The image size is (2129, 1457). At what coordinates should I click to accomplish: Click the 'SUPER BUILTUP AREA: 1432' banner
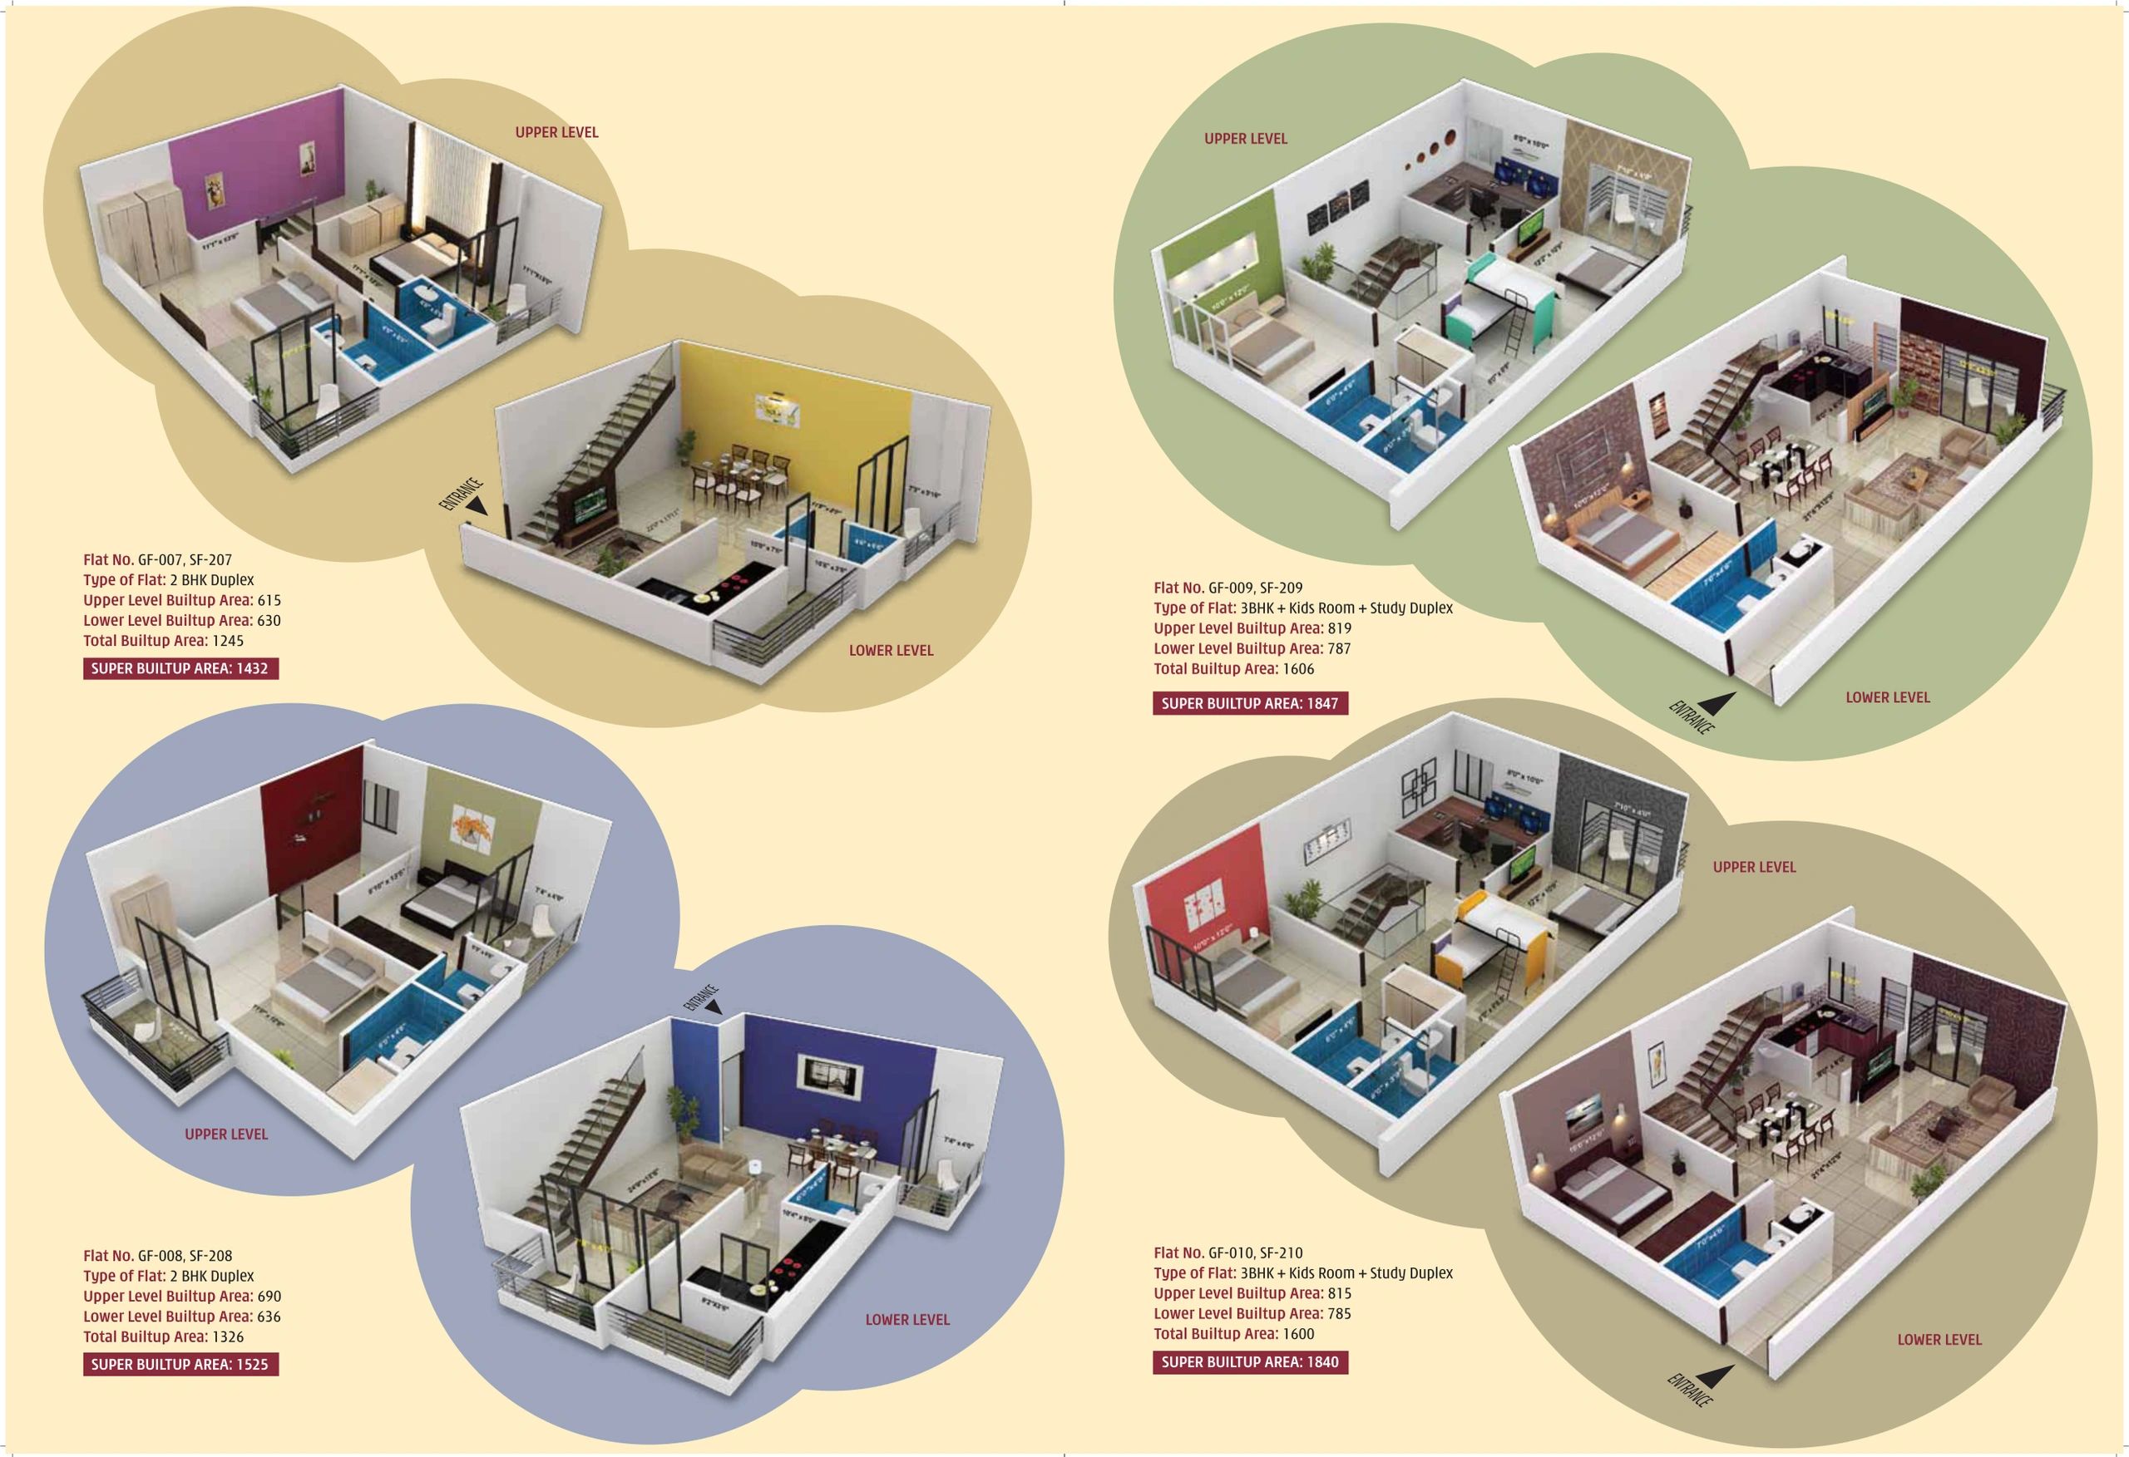(x=180, y=668)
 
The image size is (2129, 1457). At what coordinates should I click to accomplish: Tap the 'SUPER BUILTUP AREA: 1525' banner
(x=180, y=1365)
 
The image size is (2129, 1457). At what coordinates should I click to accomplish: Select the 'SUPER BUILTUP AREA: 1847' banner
(x=1251, y=703)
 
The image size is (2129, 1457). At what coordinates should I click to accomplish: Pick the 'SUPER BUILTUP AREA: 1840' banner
(x=1251, y=1361)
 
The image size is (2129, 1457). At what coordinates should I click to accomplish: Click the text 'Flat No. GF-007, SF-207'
(x=157, y=559)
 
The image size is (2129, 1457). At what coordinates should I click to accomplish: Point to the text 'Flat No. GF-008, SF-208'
(x=157, y=1256)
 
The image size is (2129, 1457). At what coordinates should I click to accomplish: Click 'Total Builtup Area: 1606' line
(x=1234, y=668)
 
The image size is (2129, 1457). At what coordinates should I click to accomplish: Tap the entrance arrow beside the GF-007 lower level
(x=477, y=505)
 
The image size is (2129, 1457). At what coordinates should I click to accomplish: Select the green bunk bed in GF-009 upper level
(x=1503, y=303)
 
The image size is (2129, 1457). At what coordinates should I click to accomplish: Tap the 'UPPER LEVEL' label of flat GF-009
(x=1246, y=139)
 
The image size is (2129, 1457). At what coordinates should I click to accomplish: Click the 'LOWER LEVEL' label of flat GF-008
(x=908, y=1320)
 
